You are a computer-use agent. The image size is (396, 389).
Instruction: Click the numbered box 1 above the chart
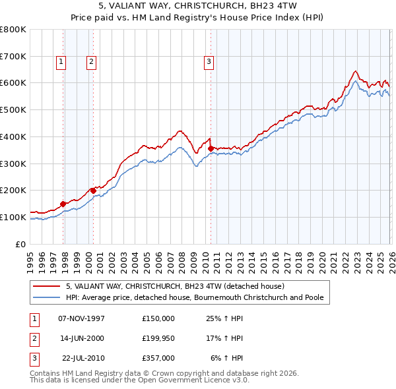(61, 63)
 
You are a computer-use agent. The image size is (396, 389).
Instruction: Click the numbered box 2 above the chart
(90, 63)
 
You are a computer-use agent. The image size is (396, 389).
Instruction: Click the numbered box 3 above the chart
(209, 63)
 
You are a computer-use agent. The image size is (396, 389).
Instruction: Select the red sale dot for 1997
(63, 204)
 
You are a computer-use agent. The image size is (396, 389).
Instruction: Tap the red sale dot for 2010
(211, 148)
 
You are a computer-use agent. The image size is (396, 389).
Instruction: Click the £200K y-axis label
(13, 190)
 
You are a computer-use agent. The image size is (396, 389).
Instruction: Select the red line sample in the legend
(48, 287)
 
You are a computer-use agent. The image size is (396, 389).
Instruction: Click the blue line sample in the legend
(48, 298)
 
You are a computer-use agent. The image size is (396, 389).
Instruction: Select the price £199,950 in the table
(158, 338)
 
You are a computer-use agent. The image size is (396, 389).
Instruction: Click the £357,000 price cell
(158, 358)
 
